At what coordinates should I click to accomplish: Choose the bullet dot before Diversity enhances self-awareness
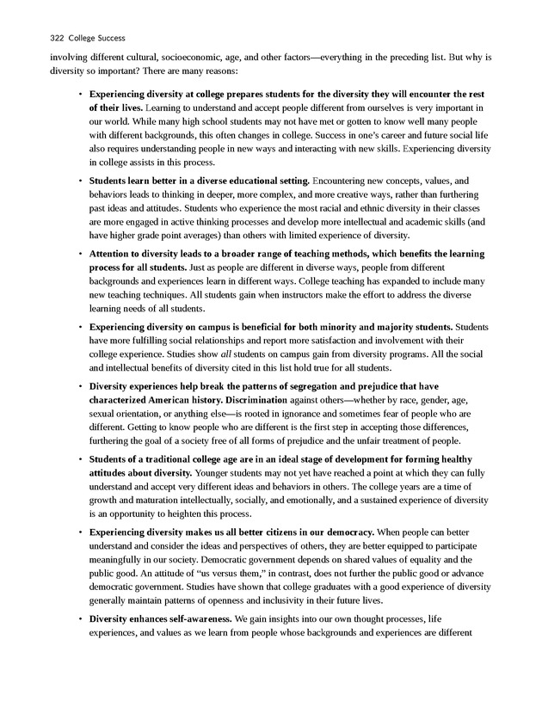[79, 618]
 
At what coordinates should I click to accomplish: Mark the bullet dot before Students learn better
[79, 181]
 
